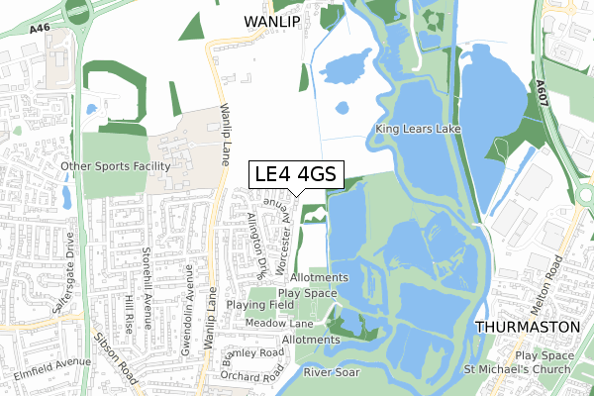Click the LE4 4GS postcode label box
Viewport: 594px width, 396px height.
click(x=295, y=175)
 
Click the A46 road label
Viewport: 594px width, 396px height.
click(x=40, y=31)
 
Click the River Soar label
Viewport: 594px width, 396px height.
click(x=332, y=372)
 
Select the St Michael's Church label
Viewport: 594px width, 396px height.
click(x=519, y=370)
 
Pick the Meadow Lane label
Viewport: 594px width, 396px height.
click(x=280, y=323)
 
